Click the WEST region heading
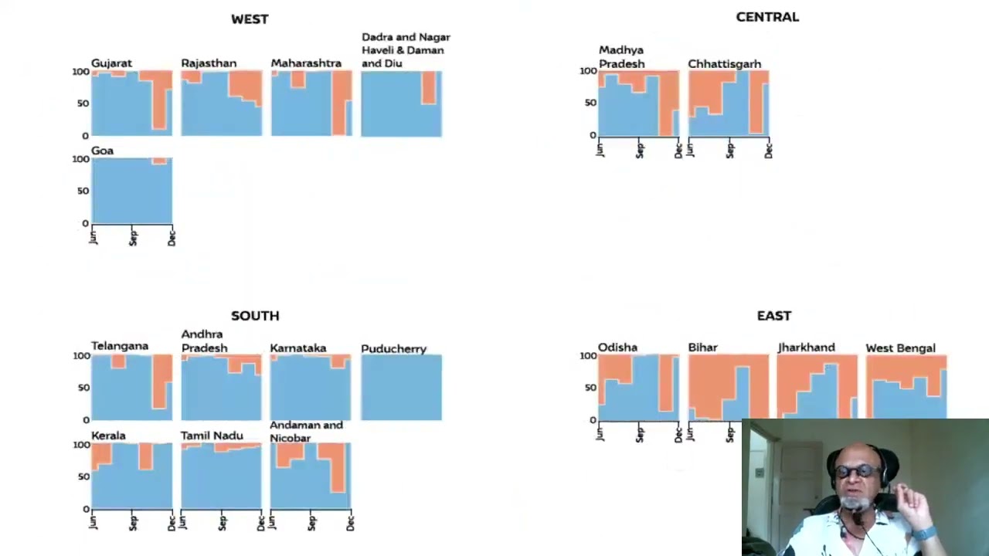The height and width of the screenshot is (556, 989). (250, 19)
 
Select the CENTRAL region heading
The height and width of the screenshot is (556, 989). (767, 17)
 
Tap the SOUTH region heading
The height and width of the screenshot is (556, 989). (255, 316)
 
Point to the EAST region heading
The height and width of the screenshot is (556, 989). (773, 316)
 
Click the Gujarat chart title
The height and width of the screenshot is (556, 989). (111, 63)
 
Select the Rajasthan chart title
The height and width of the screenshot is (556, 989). (209, 63)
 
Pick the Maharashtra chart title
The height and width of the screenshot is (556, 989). (306, 63)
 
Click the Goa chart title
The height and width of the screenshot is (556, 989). (102, 151)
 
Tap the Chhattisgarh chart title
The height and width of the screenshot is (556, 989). (724, 64)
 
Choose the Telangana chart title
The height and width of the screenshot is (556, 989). (120, 346)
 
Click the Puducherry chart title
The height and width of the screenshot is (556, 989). (393, 349)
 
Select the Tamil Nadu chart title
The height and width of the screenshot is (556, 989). (212, 436)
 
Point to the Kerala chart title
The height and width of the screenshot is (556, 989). (108, 436)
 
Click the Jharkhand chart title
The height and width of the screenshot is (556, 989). (806, 348)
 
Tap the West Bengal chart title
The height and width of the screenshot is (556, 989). (900, 348)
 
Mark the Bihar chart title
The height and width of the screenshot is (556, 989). (702, 348)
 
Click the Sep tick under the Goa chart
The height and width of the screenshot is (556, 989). (133, 238)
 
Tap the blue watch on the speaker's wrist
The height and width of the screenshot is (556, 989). (924, 534)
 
